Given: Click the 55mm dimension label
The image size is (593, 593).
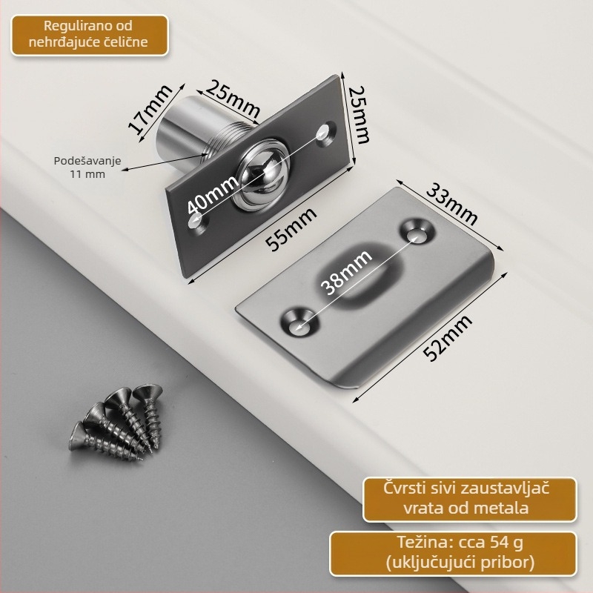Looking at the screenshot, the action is tap(291, 229).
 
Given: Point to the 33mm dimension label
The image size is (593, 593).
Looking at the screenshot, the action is tap(451, 205).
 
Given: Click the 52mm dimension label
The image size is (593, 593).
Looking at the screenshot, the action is tap(448, 337).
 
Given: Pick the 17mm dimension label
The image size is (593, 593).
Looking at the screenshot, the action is tap(150, 110).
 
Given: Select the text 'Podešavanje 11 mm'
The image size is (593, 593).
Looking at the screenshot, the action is tap(87, 167).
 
